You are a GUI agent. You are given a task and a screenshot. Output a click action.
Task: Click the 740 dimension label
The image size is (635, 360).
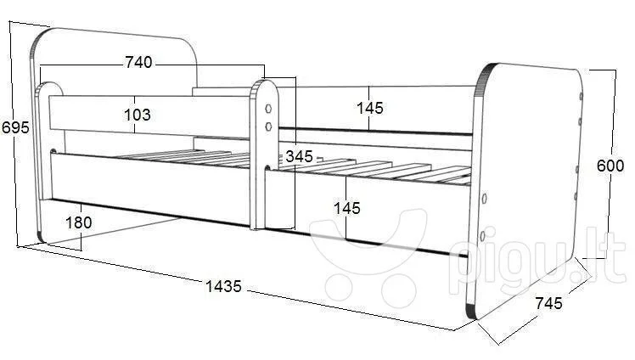coord(138,62)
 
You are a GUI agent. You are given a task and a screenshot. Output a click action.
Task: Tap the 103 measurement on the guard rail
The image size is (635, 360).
coord(138,115)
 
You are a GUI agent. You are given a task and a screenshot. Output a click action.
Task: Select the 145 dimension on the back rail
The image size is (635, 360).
coord(370,108)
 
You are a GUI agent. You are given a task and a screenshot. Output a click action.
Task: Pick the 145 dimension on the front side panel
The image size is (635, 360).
coord(347,208)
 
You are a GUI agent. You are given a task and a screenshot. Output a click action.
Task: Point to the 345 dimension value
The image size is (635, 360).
coord(300,156)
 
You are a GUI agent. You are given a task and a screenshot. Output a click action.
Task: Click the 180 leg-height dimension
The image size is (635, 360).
coord(79,222)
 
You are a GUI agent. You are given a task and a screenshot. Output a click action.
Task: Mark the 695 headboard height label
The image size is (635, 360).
coord(15,127)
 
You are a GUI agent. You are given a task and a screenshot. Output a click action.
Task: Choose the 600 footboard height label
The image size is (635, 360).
coord(610,166)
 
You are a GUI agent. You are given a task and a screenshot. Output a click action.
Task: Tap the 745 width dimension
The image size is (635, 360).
coord(549,303)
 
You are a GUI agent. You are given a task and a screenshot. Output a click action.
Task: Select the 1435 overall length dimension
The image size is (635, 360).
coord(223,286)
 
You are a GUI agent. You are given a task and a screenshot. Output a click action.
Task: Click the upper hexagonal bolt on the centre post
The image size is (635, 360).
coord(268,109)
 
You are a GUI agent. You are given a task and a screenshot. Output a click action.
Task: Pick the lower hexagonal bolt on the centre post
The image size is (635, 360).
coord(268,127)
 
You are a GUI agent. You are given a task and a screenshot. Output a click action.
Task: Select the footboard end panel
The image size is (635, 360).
coord(526,190)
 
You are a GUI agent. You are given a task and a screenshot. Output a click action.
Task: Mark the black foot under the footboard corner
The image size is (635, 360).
coord(471,311)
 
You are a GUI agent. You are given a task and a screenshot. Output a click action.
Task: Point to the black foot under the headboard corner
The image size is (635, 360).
coord(40,237)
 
